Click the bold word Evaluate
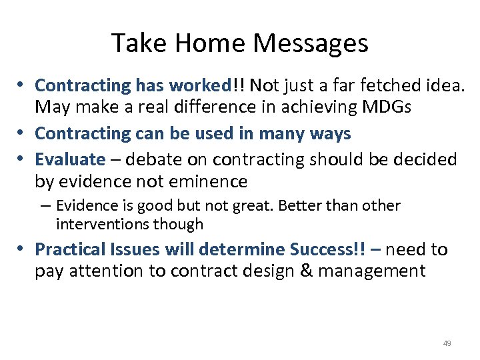(x=70, y=160)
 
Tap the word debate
(x=145, y=160)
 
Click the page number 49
(x=447, y=343)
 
